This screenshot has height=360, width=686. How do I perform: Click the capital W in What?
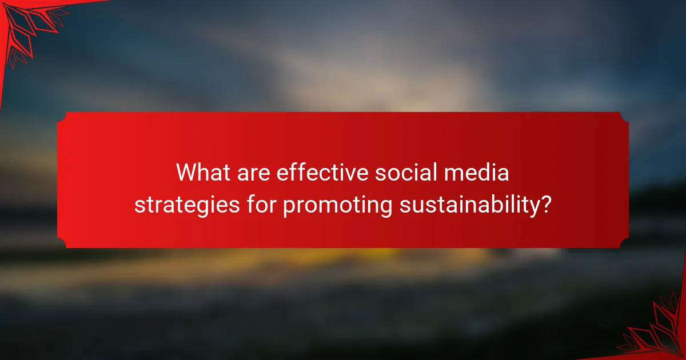(x=186, y=173)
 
